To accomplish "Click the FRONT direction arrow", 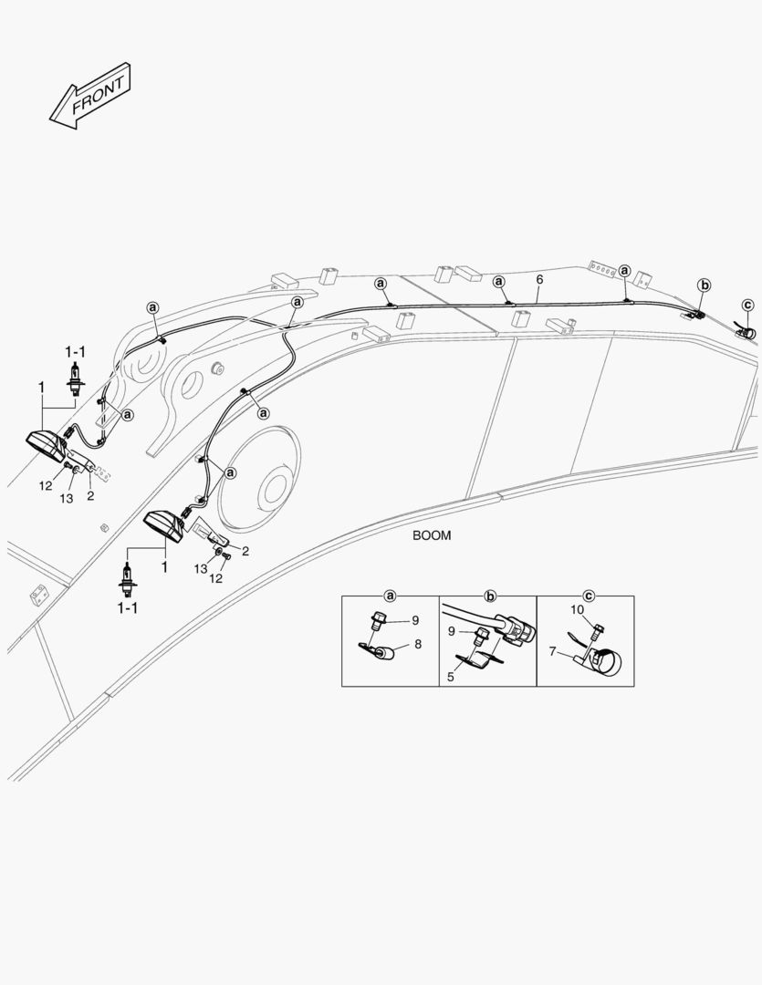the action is [x=90, y=96].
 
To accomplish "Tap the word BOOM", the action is [x=432, y=536].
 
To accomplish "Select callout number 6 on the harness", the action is [x=539, y=279].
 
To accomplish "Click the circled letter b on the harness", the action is [x=705, y=285].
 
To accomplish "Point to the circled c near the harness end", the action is [x=747, y=306].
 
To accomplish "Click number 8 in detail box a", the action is [x=417, y=644].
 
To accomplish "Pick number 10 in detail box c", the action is [x=577, y=609].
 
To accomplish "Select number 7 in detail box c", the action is [x=553, y=651].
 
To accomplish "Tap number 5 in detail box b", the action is [x=450, y=677].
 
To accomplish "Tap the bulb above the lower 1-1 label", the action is [x=128, y=578].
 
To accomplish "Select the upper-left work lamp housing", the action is [x=46, y=445].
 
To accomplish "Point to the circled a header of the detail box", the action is [x=391, y=596].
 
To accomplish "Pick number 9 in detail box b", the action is [x=452, y=631].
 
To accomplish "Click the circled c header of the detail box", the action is [x=590, y=596].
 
